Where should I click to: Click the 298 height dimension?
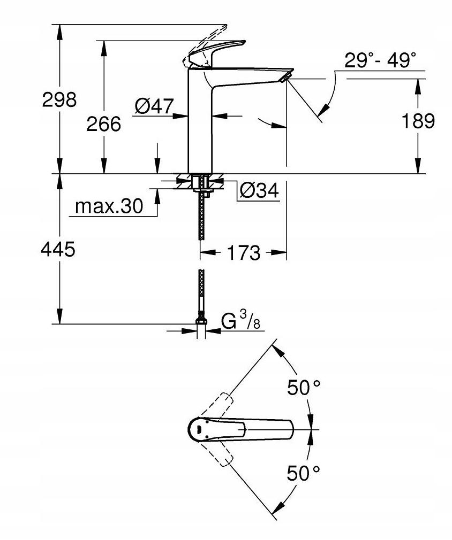tap(59, 99)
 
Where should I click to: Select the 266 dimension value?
tap(104, 124)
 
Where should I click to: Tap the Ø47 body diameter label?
tap(154, 106)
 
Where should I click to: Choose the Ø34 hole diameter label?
tap(259, 191)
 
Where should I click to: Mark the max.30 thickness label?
tap(109, 206)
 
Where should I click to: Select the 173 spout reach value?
tap(243, 252)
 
